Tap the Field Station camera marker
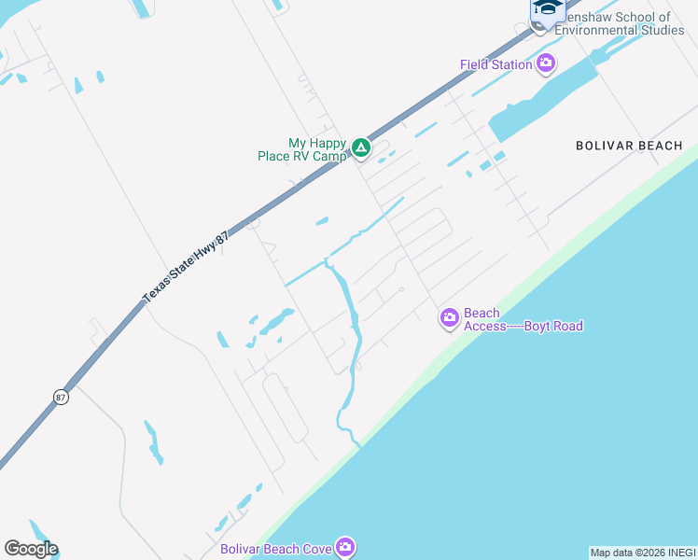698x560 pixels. pos(546,63)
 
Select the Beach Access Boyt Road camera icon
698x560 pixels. pos(450,319)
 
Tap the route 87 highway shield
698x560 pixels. pos(61,396)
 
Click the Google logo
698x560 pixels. pos(30,549)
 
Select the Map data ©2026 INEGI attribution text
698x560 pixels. pos(643,553)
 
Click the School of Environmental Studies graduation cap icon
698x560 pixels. pos(548,8)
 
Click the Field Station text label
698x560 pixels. pos(496,64)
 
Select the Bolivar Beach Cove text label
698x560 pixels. pos(276,549)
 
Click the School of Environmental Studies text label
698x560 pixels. pos(619,23)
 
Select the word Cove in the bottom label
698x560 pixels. pos(317,549)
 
